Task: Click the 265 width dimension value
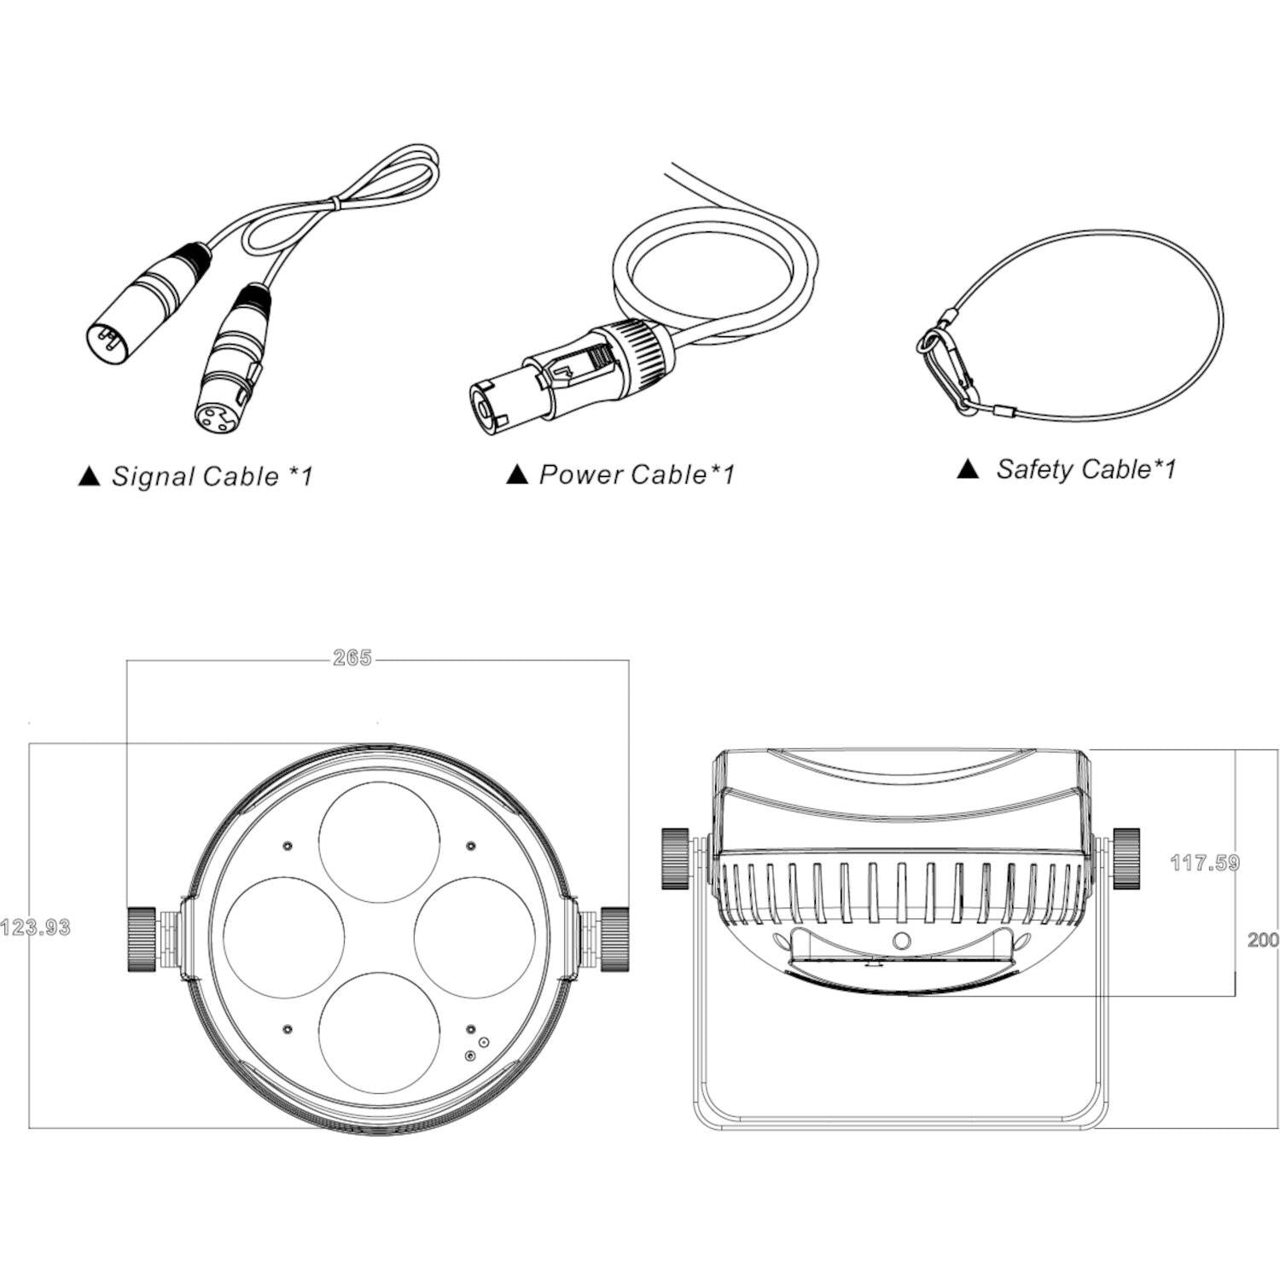click(x=352, y=658)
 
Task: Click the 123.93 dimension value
click(x=35, y=927)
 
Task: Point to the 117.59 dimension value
click(x=1204, y=863)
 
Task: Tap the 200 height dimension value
click(x=1263, y=940)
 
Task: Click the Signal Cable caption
click(x=212, y=476)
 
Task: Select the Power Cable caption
click(x=637, y=474)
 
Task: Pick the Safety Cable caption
click(x=1086, y=469)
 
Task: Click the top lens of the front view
click(x=381, y=841)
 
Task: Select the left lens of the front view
click(x=283, y=937)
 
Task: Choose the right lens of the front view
click(x=475, y=937)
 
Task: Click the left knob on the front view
click(x=141, y=939)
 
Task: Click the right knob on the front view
click(x=614, y=939)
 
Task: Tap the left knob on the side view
click(x=675, y=858)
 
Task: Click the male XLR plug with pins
click(x=146, y=300)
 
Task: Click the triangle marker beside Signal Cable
click(x=89, y=477)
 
